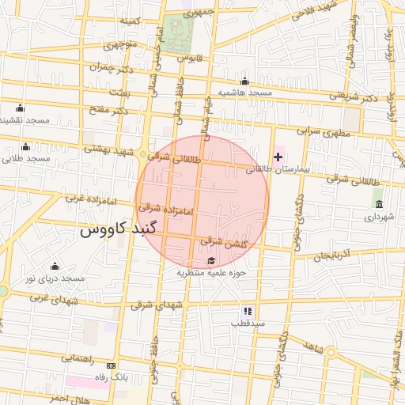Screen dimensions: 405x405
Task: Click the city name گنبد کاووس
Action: pyautogui.click(x=120, y=230)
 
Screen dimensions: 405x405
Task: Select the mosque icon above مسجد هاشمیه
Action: pyautogui.click(x=244, y=81)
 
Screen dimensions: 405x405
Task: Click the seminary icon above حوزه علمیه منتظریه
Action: pyautogui.click(x=211, y=261)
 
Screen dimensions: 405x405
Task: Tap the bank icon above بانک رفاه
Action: pyautogui.click(x=111, y=365)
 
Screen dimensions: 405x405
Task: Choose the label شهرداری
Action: pyautogui.click(x=379, y=215)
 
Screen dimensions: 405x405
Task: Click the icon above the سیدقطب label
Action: pyautogui.click(x=248, y=310)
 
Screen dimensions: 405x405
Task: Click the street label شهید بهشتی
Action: pyautogui.click(x=105, y=149)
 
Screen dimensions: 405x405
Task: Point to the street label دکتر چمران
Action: pyautogui.click(x=108, y=68)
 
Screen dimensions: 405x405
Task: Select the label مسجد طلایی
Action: pyautogui.click(x=26, y=158)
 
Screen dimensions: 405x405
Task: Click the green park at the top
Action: pyautogui.click(x=180, y=32)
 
